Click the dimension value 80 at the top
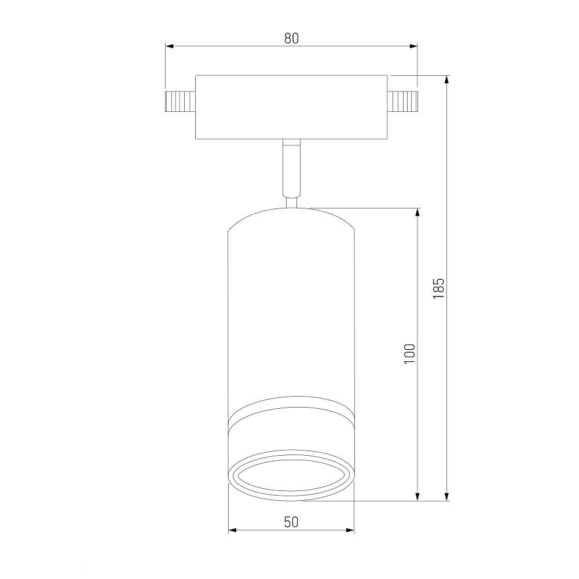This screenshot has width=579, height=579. [291, 38]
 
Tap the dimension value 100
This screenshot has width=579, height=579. [409, 354]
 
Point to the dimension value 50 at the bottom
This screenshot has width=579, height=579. [291, 522]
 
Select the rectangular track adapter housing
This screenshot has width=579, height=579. [291, 107]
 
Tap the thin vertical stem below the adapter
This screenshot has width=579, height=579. [291, 168]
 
